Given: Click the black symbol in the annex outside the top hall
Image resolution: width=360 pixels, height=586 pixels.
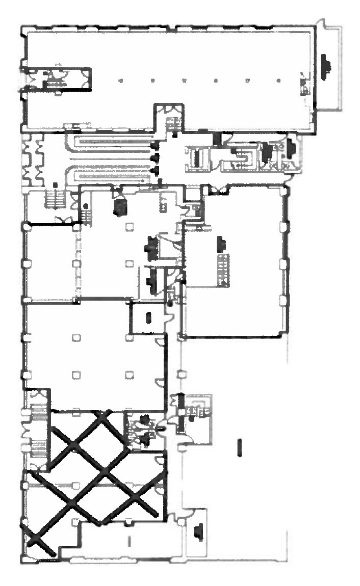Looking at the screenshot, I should (x=325, y=66).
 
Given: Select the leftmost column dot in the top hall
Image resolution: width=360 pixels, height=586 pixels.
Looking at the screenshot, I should (x=120, y=81).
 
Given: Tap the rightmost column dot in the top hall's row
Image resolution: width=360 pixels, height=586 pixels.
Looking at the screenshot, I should (x=279, y=81).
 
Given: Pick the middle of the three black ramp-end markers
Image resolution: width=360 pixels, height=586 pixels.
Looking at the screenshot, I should (x=155, y=157).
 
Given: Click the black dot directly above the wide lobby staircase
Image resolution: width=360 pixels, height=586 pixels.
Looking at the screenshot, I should (x=55, y=184).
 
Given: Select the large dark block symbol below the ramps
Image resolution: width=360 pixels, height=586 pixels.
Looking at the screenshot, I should (x=121, y=206).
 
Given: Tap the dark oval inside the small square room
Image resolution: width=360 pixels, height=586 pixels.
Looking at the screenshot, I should (x=148, y=317).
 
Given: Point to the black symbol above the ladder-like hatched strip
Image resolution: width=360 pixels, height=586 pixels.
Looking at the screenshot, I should (x=221, y=244).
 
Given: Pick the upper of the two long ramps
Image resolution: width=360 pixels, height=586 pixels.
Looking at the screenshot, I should (x=110, y=140).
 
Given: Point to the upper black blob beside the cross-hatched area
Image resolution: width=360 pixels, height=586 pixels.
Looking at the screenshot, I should (x=144, y=420).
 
